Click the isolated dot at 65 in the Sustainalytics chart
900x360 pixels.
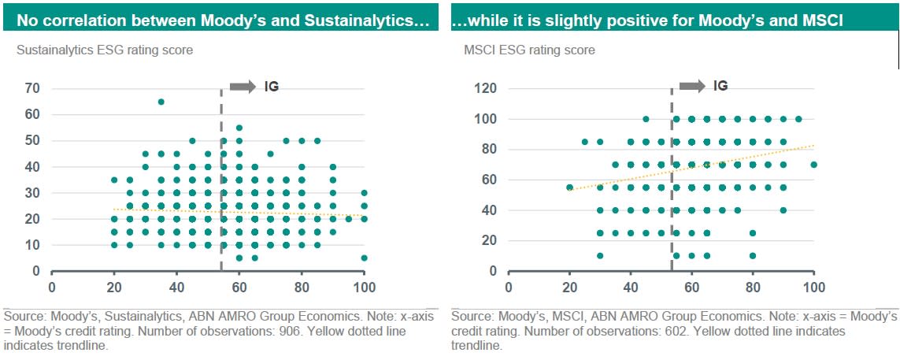(161, 102)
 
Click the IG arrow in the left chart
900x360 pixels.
(243, 86)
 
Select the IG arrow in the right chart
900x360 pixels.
(692, 86)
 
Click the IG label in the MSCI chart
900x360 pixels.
(720, 86)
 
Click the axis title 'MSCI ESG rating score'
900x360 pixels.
(528, 50)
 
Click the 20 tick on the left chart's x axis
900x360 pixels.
(114, 286)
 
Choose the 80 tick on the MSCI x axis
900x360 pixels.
(753, 286)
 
